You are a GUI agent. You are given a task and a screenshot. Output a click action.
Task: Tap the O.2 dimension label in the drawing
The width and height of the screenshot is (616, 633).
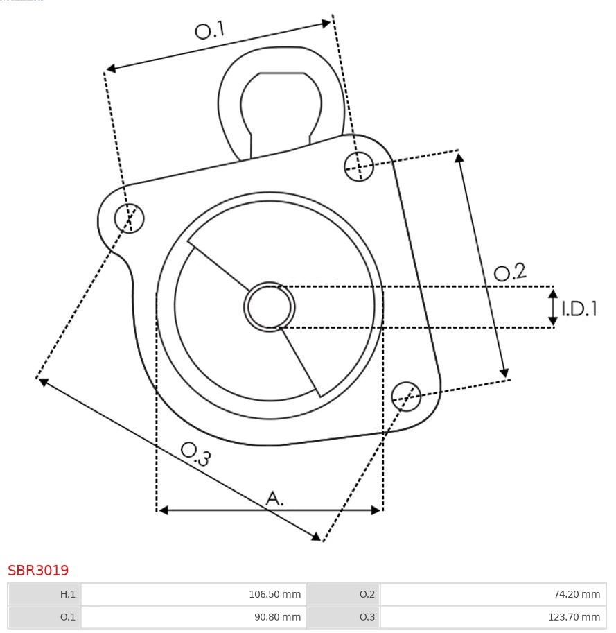tap(509, 272)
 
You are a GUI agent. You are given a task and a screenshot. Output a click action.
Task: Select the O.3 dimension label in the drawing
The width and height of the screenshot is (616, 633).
tap(195, 454)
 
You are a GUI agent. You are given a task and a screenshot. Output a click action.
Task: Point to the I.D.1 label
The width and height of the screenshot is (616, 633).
tap(579, 309)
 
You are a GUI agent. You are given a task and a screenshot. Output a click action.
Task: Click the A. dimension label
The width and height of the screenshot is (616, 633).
tap(275, 498)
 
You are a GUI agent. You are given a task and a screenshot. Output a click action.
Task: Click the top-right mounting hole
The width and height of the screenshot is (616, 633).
tap(359, 166)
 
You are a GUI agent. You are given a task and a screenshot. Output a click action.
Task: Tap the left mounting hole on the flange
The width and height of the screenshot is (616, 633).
tap(130, 218)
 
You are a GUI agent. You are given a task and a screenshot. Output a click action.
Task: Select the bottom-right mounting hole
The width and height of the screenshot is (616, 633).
tap(406, 395)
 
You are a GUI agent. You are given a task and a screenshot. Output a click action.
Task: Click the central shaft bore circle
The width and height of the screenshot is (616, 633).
tap(270, 306)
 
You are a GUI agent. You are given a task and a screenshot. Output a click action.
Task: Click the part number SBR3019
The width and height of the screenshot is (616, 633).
tap(38, 571)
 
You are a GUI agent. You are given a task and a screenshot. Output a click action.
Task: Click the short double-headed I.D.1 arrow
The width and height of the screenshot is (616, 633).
tap(553, 308)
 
